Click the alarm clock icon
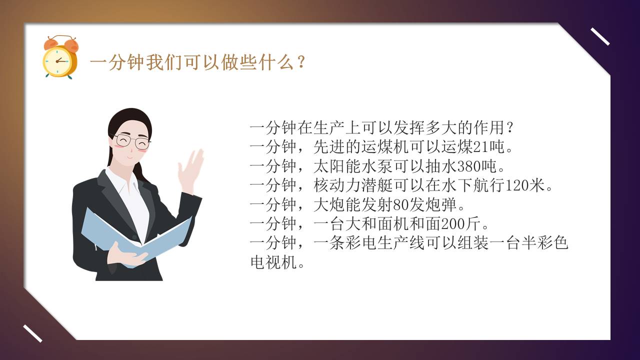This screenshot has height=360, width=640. coord(60,57)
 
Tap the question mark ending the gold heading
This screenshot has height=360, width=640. coord(301,63)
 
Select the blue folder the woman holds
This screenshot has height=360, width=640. coord(135,235)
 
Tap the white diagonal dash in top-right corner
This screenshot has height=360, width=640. coord(600,36)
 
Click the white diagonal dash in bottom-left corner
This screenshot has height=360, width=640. coord(32,333)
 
